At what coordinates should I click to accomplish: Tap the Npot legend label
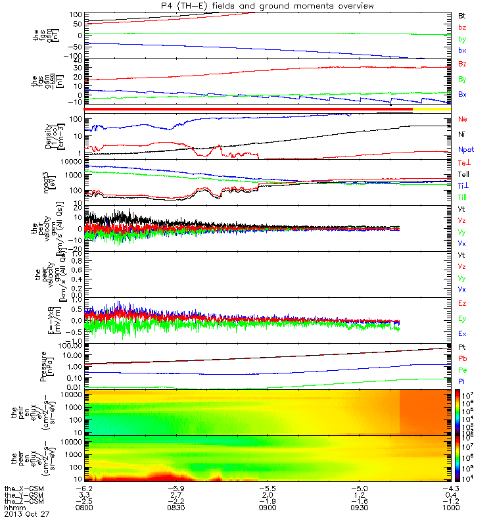point(465,149)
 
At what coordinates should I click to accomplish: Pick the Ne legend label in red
point(462,120)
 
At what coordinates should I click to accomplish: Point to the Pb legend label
point(462,359)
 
